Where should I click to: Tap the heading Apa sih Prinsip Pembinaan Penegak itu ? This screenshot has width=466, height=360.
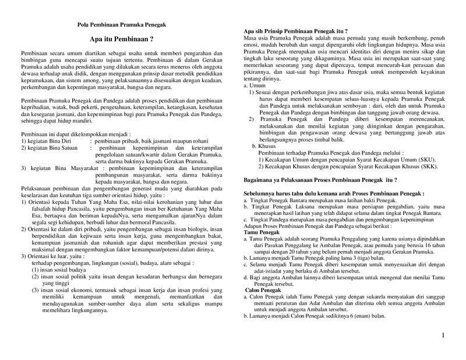[x=295, y=30]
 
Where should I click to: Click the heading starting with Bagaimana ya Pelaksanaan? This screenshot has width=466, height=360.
[x=320, y=181]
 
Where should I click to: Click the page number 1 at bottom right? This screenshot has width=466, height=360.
[x=443, y=336]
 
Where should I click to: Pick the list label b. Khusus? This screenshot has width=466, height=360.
[x=264, y=146]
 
